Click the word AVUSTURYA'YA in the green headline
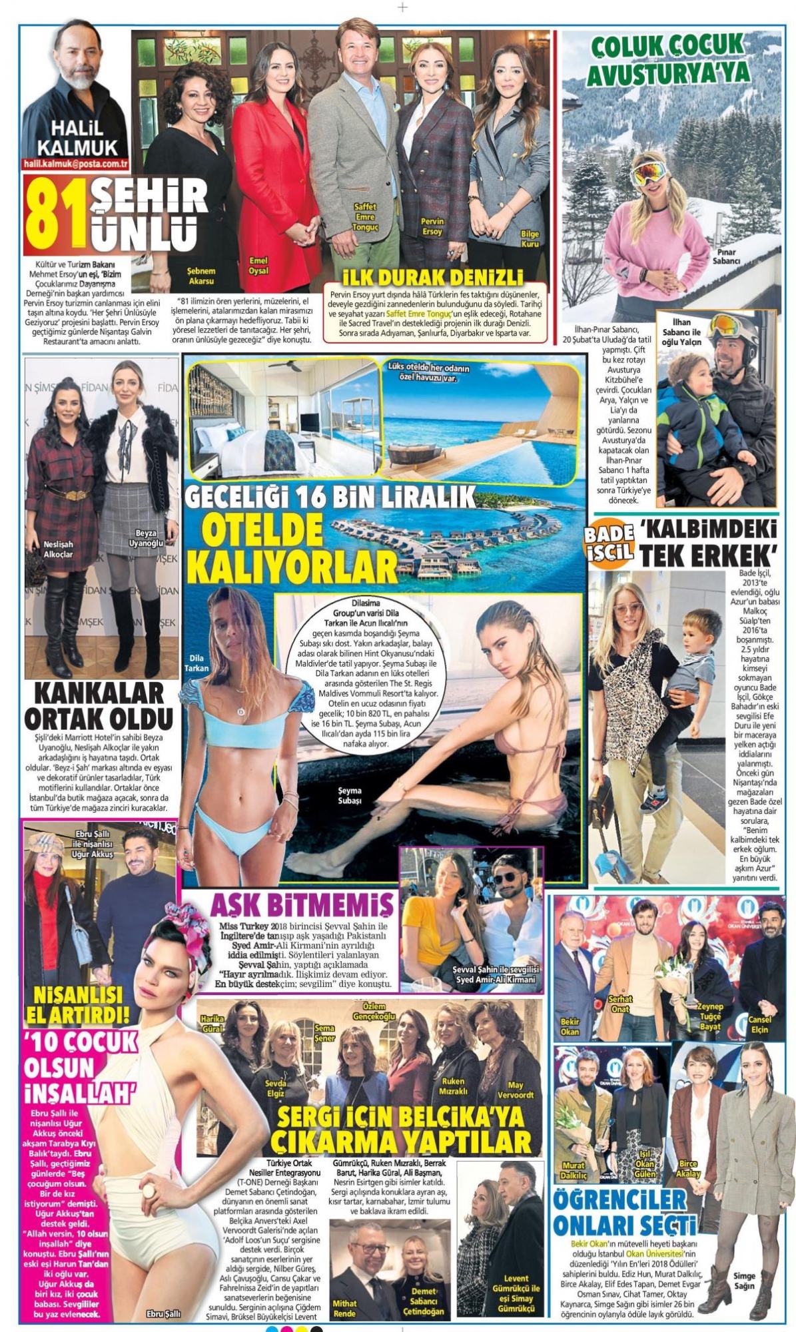coord(668,73)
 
